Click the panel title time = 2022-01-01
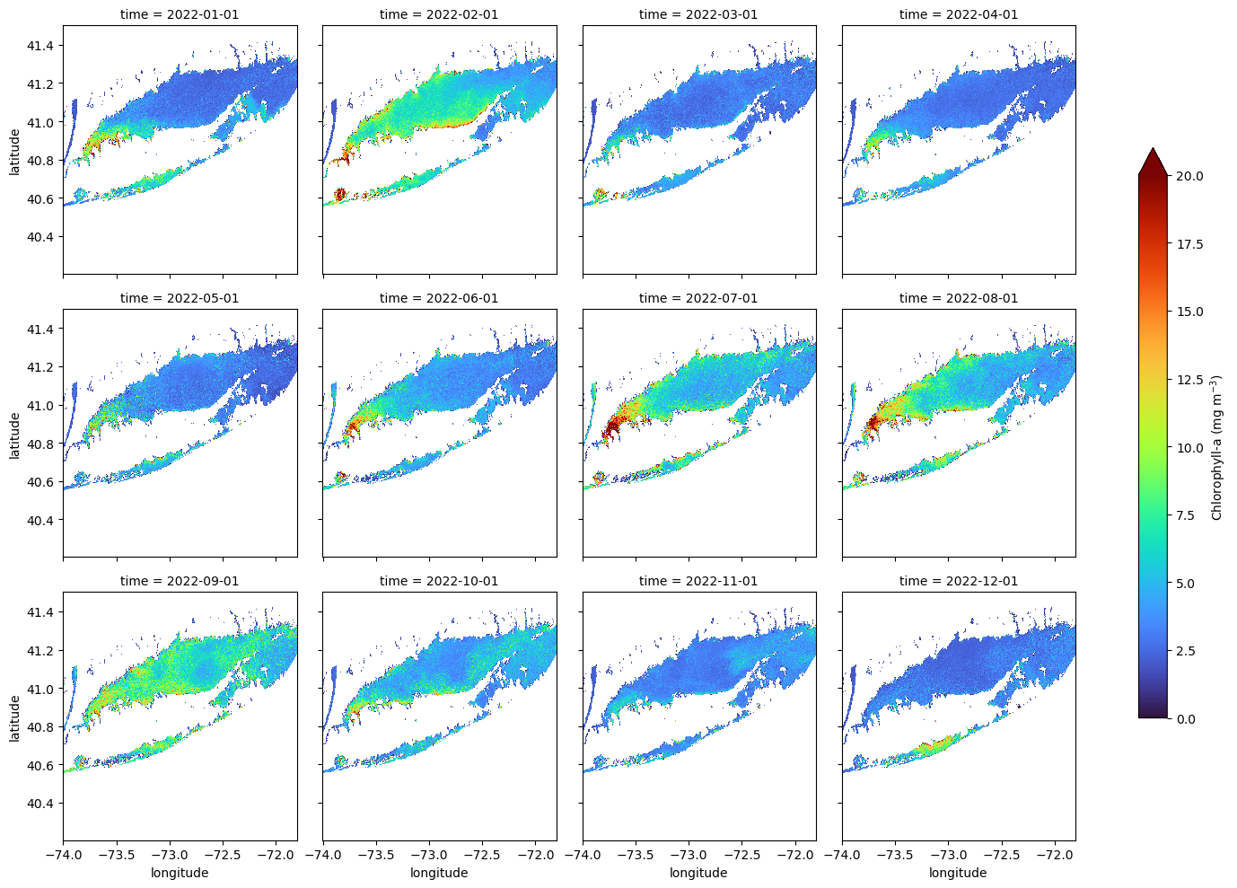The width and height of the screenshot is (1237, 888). (180, 14)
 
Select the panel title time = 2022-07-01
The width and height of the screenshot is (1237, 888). (698, 298)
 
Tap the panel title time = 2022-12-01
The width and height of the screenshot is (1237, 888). (959, 581)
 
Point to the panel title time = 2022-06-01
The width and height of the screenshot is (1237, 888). (439, 298)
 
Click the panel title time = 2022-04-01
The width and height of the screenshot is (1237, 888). (959, 14)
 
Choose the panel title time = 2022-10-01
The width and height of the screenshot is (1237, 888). (439, 581)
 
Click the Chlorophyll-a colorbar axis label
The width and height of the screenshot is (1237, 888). (1217, 447)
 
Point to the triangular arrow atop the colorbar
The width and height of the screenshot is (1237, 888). (1153, 162)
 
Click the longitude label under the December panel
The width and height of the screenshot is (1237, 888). (958, 873)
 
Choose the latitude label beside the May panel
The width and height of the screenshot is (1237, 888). (14, 434)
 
